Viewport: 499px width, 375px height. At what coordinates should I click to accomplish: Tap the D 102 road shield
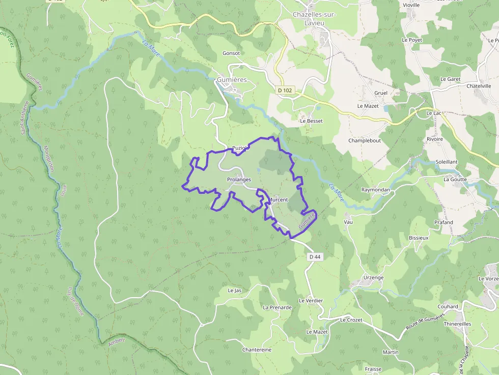[285, 90]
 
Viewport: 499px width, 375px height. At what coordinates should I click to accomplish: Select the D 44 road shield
[315, 257]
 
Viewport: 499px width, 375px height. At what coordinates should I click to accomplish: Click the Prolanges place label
[239, 180]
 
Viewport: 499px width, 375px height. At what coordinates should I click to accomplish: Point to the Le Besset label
[311, 121]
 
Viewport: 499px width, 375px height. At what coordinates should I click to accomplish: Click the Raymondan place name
[375, 190]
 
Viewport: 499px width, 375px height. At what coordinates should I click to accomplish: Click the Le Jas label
[234, 291]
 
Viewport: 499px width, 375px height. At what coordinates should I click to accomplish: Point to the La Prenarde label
[277, 307]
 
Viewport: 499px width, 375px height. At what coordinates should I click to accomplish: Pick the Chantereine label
[257, 350]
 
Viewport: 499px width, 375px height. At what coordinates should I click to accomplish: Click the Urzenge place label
[373, 277]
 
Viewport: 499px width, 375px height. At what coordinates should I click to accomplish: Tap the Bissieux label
[419, 238]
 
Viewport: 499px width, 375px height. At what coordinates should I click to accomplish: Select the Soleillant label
[447, 162]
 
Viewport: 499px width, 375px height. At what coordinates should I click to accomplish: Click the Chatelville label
[481, 86]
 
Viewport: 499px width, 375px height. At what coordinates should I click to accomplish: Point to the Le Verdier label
[311, 301]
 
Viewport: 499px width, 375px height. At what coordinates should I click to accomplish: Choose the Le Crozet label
[351, 320]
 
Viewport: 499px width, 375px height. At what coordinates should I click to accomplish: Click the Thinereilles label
[457, 324]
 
